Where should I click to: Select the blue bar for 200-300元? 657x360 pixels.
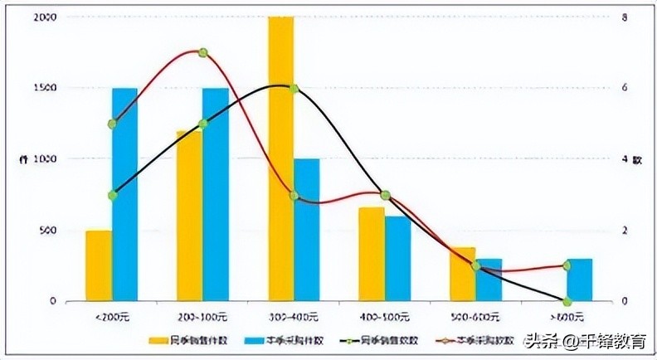tap(215, 194)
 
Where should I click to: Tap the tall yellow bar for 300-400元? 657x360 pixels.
tap(280, 158)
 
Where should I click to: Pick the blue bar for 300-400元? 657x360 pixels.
tap(306, 230)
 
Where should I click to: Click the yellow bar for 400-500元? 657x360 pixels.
tap(372, 254)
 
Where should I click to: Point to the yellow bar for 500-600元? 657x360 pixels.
tap(463, 274)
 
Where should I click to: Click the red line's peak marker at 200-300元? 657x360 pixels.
tap(202, 52)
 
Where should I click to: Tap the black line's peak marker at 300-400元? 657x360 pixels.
tap(294, 88)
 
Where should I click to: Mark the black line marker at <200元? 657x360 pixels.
tap(112, 195)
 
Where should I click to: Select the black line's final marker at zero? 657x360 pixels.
tap(567, 301)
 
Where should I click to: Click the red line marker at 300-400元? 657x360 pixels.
tap(294, 195)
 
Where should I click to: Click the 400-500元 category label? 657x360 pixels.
tap(385, 317)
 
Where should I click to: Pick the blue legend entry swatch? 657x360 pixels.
tap(255, 340)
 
